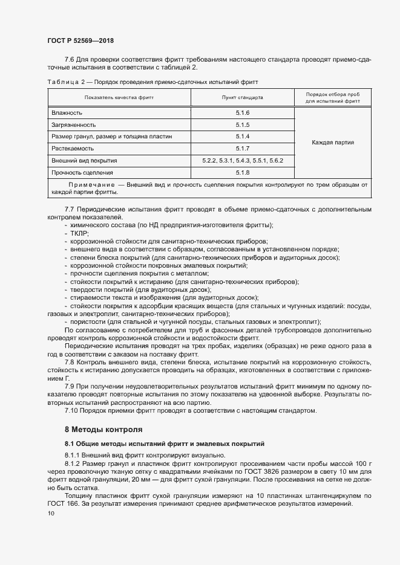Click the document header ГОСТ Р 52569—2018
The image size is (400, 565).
pos(80,40)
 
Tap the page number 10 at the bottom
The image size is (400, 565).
pos(50,514)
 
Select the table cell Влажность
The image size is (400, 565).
pos(67,114)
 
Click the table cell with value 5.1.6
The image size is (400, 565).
pos(243,114)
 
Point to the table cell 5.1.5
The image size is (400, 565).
pos(243,125)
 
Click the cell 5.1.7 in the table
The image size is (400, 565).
pos(243,149)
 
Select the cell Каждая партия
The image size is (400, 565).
pos(332,143)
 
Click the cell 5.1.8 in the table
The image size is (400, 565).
pos(243,173)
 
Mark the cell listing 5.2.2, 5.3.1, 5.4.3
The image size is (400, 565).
pos(243,161)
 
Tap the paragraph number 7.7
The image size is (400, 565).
pos(70,209)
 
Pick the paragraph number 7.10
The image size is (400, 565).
pos(71,411)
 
